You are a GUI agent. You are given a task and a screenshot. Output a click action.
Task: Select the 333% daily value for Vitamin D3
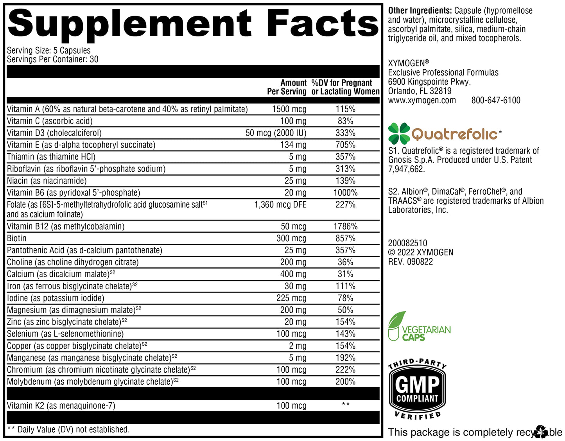click(x=345, y=133)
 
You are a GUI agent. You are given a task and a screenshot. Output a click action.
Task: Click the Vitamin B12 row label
click(x=66, y=226)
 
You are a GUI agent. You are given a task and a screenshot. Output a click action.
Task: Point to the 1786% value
click(x=345, y=226)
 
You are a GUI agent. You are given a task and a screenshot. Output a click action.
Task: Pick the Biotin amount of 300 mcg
click(x=291, y=238)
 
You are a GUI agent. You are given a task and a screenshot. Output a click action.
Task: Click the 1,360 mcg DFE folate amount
click(x=280, y=204)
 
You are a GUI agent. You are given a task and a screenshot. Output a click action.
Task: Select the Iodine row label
click(x=56, y=298)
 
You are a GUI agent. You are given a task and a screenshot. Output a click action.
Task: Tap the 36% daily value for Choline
click(x=345, y=262)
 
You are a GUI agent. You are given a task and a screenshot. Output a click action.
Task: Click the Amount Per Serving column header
click(x=287, y=87)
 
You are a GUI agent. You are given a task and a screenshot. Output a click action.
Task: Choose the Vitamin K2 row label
click(x=61, y=406)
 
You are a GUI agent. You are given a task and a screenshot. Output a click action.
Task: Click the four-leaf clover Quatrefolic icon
click(x=399, y=133)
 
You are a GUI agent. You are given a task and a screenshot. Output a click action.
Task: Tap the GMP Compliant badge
click(x=418, y=389)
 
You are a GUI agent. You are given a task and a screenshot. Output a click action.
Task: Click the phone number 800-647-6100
click(x=496, y=100)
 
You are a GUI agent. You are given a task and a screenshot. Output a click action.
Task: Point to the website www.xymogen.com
click(x=422, y=100)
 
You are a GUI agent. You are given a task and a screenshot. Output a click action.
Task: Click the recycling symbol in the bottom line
click(x=541, y=432)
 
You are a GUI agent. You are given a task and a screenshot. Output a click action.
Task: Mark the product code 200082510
click(x=407, y=243)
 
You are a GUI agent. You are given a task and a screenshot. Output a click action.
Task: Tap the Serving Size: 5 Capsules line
click(x=49, y=50)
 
